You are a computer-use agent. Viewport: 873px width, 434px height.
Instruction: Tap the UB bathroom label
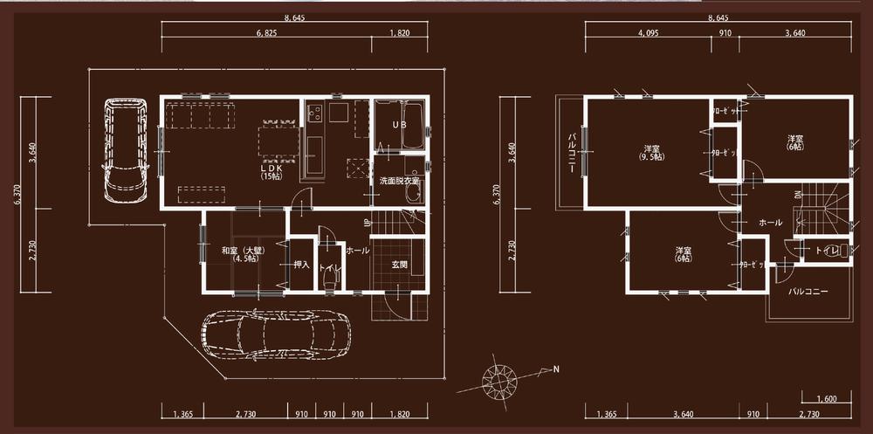tap(399, 125)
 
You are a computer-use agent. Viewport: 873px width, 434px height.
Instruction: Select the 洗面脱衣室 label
tap(400, 181)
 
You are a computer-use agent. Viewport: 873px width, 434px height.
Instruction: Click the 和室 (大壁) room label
tap(242, 255)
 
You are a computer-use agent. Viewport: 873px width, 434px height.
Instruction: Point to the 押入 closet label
tap(300, 264)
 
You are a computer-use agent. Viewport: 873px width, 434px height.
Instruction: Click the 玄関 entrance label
tap(399, 264)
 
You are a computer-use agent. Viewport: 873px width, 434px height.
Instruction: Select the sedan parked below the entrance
tap(277, 338)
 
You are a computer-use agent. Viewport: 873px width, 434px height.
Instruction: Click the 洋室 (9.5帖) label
tap(650, 152)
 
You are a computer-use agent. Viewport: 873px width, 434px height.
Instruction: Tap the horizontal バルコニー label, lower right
tap(808, 290)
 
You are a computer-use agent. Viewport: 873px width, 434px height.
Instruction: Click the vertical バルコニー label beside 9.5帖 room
tap(572, 155)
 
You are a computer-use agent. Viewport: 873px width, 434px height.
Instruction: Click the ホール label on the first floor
tap(357, 251)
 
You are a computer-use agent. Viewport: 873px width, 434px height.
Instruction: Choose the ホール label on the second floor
tap(771, 223)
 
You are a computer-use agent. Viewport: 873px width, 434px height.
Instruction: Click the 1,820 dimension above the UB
tap(401, 32)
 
